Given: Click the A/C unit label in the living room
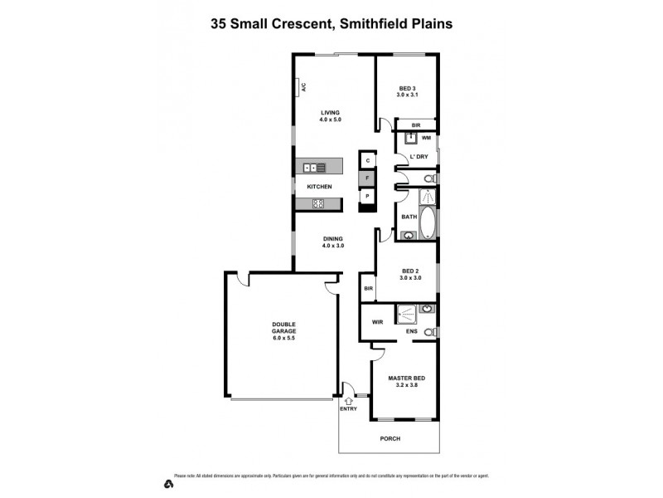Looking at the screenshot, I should [304, 86].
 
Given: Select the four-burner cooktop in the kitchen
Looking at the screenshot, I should [317, 203].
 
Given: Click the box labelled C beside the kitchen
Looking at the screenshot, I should [367, 159].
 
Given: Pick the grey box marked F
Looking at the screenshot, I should [367, 178].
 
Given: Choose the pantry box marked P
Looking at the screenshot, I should [367, 196].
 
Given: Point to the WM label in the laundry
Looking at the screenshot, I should [426, 138].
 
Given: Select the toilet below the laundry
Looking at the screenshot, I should [428, 178].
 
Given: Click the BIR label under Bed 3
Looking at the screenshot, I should [405, 125].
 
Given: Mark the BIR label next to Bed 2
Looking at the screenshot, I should [368, 288].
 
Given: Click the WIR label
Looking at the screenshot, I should [376, 321].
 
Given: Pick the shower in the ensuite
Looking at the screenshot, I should [406, 314].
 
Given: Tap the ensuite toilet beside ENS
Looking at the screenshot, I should [428, 333].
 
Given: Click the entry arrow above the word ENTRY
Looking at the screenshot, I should [348, 400].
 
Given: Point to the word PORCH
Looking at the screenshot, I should [391, 438].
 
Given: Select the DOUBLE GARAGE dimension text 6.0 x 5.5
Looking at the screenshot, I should [283, 339].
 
